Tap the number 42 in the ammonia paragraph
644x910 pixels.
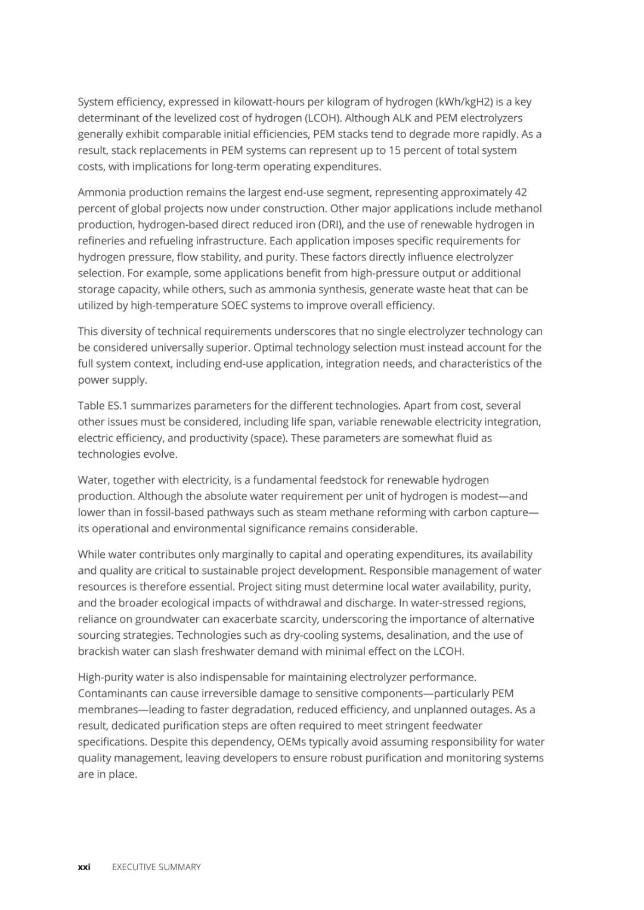(520, 192)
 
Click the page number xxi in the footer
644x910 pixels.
(84, 867)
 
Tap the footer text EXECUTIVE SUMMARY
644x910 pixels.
(156, 867)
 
